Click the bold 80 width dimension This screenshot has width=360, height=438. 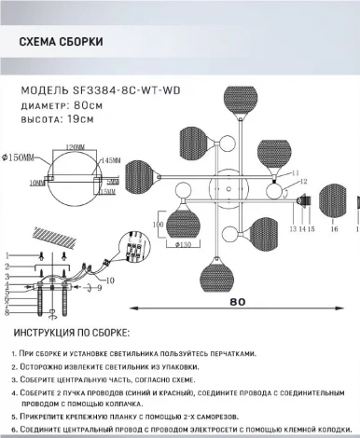[x=240, y=301]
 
